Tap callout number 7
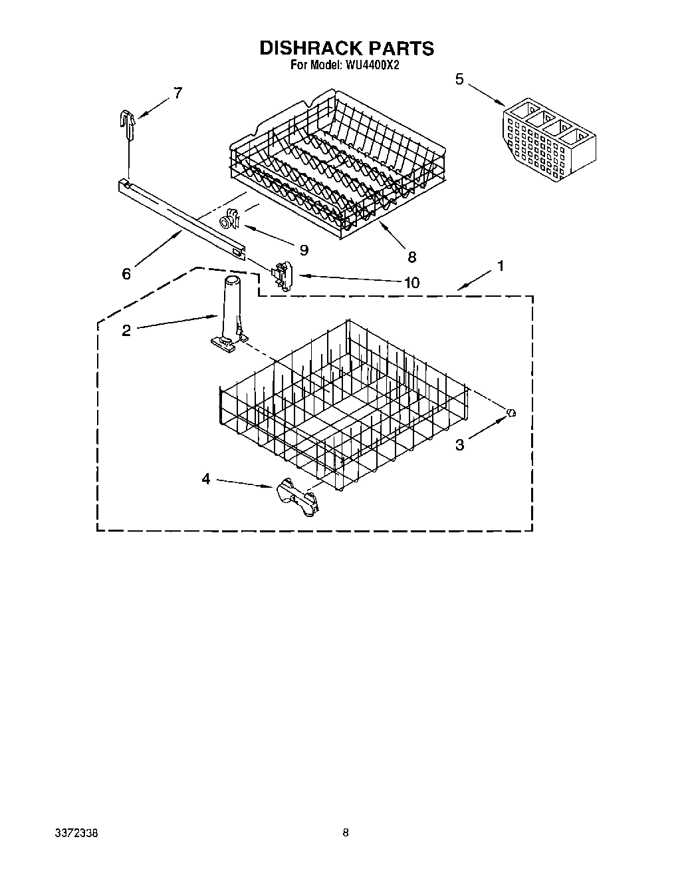(x=177, y=93)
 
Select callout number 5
(x=459, y=79)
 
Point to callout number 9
(x=304, y=250)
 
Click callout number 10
(x=411, y=283)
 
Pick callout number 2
(x=126, y=331)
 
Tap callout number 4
(x=206, y=478)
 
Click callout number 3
(x=460, y=445)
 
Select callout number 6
(x=126, y=273)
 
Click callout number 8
(x=411, y=257)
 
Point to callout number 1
(x=500, y=266)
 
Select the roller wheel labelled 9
(x=229, y=220)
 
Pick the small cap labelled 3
(x=511, y=413)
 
